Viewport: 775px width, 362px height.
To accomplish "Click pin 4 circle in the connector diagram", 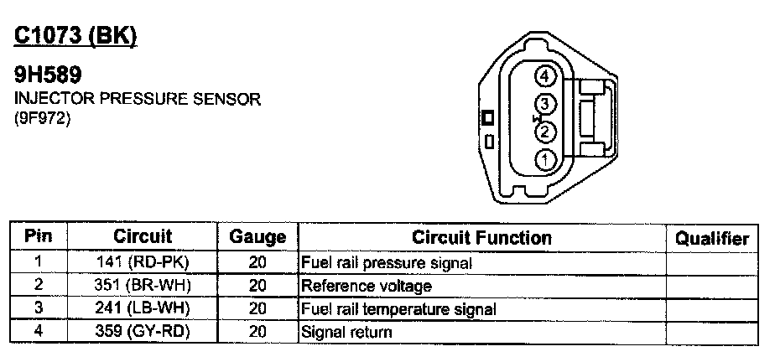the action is pos(546,77).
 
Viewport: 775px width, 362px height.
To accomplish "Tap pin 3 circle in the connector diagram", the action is pos(546,104).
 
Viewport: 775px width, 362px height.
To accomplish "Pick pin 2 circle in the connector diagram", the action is pos(546,131).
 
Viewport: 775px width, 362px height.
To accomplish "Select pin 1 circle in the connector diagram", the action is pos(546,158).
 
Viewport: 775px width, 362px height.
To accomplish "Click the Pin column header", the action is pos(39,237).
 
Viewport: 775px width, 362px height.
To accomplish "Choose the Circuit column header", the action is pos(143,237).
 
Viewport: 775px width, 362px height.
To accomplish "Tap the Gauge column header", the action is pos(257,238).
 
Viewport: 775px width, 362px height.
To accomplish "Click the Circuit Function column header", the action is pos(481,238).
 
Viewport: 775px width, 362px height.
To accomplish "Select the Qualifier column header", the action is pos(712,238).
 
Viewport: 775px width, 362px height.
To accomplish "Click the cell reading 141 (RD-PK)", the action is pos(143,262).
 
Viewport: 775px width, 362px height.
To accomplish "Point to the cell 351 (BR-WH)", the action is pos(143,286).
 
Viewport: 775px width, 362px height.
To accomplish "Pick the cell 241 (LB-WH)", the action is pos(143,309).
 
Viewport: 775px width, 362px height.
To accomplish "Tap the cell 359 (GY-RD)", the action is pos(143,333).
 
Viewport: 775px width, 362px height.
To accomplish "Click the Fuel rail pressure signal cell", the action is pos(387,262).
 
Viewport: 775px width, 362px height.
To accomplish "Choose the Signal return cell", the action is pos(346,333).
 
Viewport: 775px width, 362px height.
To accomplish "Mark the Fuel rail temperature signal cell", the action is pos(398,309).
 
